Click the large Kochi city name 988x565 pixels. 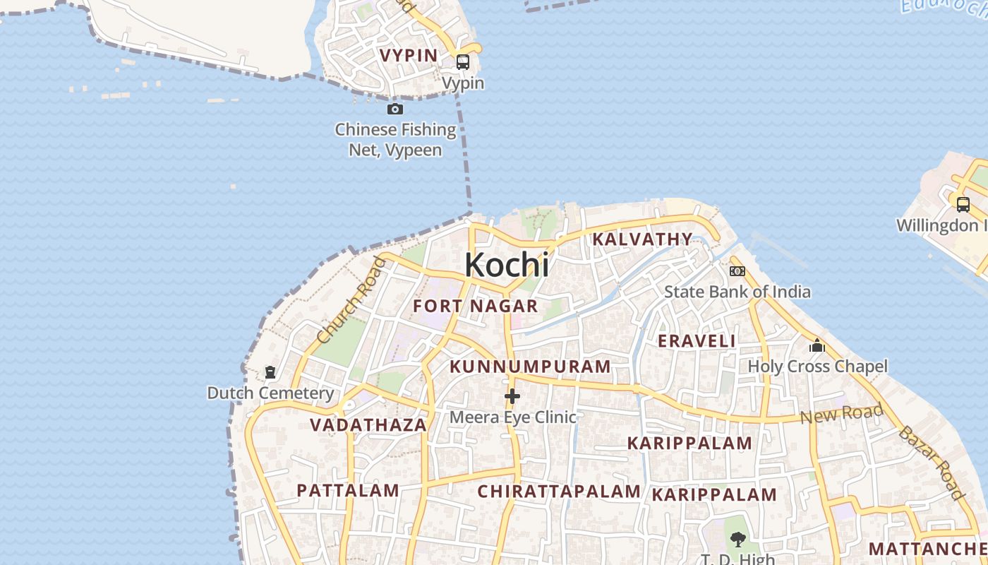(x=506, y=265)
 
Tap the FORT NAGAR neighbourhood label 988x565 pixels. (x=475, y=307)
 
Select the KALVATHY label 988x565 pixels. (x=642, y=239)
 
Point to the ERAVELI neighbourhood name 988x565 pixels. (x=697, y=341)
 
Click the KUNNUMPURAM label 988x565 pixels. (x=530, y=367)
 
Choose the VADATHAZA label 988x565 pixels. (x=368, y=425)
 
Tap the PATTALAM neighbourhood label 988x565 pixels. (x=348, y=490)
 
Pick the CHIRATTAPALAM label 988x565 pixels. (x=559, y=492)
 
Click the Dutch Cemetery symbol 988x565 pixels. (x=270, y=372)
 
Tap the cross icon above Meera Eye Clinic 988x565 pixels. (x=512, y=397)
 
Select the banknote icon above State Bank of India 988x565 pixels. (x=737, y=271)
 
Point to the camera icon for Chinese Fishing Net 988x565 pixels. (x=395, y=109)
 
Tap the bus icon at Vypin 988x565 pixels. (x=463, y=62)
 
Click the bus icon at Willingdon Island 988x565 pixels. (x=963, y=205)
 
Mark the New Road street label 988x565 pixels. (x=841, y=414)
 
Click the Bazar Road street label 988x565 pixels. (x=932, y=463)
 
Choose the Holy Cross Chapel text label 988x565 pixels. (x=817, y=367)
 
